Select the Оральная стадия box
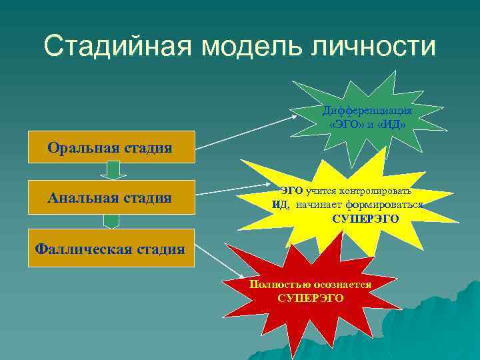[110, 147]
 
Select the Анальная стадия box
[110, 197]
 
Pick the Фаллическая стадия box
[110, 249]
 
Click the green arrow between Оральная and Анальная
[113, 171]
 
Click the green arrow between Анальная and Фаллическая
[113, 221]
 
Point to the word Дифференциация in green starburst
[367, 110]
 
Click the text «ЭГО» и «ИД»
[367, 124]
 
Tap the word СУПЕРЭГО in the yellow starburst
[365, 219]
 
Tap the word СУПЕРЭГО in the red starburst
[311, 297]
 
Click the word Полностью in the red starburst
[273, 284]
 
